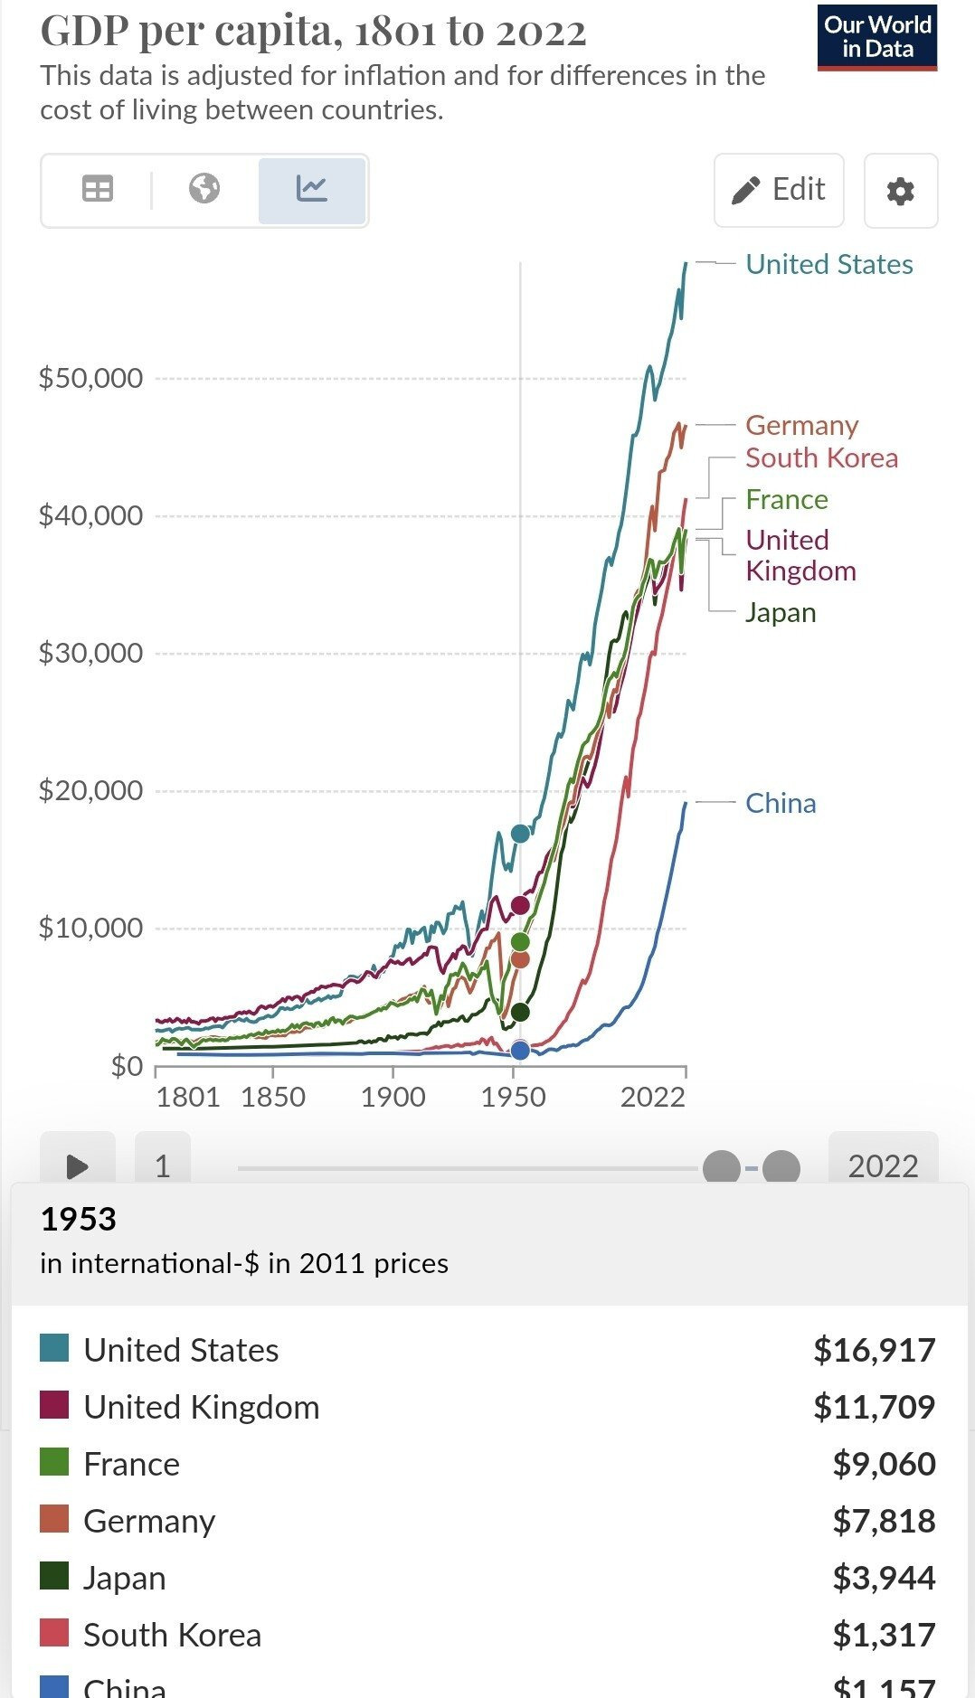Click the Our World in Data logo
876,37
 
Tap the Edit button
779,190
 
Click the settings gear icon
900,191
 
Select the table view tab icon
98,189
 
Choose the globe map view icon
204,189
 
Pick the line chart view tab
312,189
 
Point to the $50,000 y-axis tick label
90,378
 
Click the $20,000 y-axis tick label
90,790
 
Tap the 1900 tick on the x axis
393,1097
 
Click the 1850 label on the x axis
273,1097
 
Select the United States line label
828,264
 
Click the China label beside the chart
781,803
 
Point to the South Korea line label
821,458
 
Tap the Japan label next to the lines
781,612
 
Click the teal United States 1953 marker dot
520,834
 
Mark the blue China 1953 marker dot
520,1051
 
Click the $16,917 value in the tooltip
874,1350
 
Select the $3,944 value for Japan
884,1578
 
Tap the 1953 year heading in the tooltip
79,1220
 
